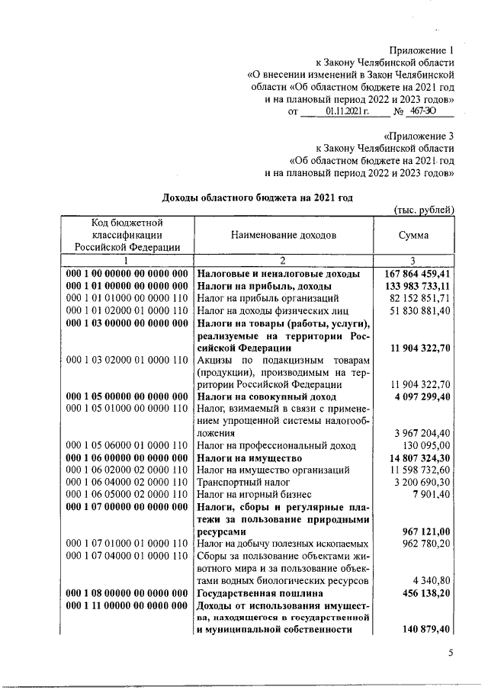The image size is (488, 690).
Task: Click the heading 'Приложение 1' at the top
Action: click(x=422, y=48)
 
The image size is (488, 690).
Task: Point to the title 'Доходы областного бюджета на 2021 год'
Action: click(x=258, y=197)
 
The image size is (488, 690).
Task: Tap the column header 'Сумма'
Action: click(x=413, y=236)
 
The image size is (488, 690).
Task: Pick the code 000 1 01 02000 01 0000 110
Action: click(x=127, y=310)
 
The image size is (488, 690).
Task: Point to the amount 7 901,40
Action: click(x=431, y=495)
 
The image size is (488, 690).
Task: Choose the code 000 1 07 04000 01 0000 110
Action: click(x=127, y=556)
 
